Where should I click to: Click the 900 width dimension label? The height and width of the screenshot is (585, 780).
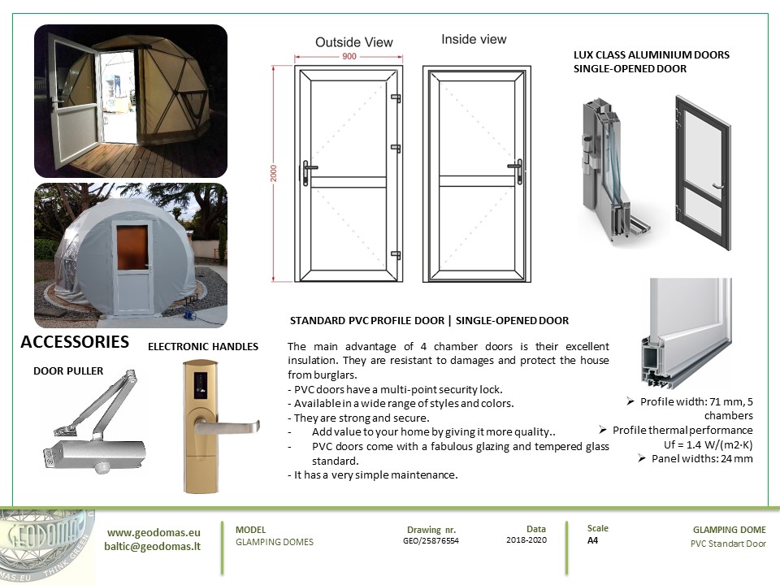click(x=349, y=57)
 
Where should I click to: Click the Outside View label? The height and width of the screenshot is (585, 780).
click(x=353, y=42)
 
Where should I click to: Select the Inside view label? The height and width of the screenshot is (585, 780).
click(x=474, y=39)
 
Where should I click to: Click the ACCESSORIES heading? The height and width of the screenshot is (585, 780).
click(x=75, y=342)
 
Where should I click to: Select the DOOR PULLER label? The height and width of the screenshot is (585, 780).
click(x=68, y=370)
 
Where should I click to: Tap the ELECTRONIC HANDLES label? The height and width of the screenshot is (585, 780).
click(x=203, y=347)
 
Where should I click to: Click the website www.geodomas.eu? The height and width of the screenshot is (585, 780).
click(x=154, y=532)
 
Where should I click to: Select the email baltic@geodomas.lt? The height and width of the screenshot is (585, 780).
click(x=153, y=546)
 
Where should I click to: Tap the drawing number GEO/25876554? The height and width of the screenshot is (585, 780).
click(x=431, y=540)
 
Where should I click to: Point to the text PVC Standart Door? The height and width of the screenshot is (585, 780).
click(x=722, y=544)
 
